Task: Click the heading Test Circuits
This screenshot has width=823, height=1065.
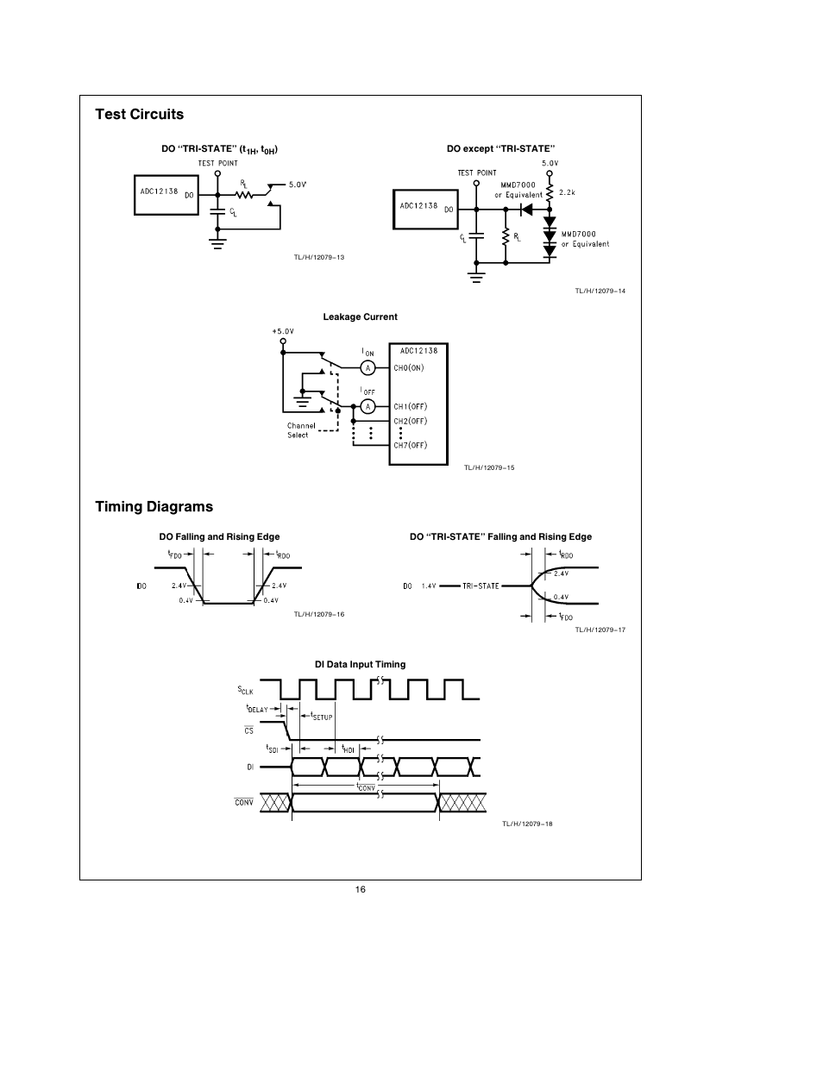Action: (139, 114)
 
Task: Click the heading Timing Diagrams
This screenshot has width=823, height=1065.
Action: (154, 506)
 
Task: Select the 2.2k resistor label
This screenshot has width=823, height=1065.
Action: (567, 192)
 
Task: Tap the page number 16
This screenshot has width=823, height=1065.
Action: (360, 890)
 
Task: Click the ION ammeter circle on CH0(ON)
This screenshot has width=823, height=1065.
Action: (368, 368)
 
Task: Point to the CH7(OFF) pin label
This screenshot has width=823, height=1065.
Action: (410, 445)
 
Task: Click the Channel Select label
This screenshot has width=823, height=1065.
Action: (300, 430)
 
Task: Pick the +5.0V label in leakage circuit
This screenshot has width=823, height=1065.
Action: (283, 331)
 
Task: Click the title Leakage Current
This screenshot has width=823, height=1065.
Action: (360, 316)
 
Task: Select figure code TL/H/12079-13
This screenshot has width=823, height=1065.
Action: (319, 257)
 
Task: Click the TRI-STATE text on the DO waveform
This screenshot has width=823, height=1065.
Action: (481, 586)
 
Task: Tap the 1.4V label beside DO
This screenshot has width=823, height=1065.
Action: (429, 586)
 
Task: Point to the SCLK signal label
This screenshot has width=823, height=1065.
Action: (246, 690)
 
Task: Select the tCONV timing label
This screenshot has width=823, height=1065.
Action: (366, 787)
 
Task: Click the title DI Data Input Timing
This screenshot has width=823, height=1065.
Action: (360, 664)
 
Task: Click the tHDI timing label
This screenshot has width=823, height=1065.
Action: (348, 749)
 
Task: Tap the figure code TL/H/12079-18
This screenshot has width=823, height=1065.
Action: (527, 824)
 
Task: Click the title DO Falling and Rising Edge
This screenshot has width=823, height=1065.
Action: (219, 536)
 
